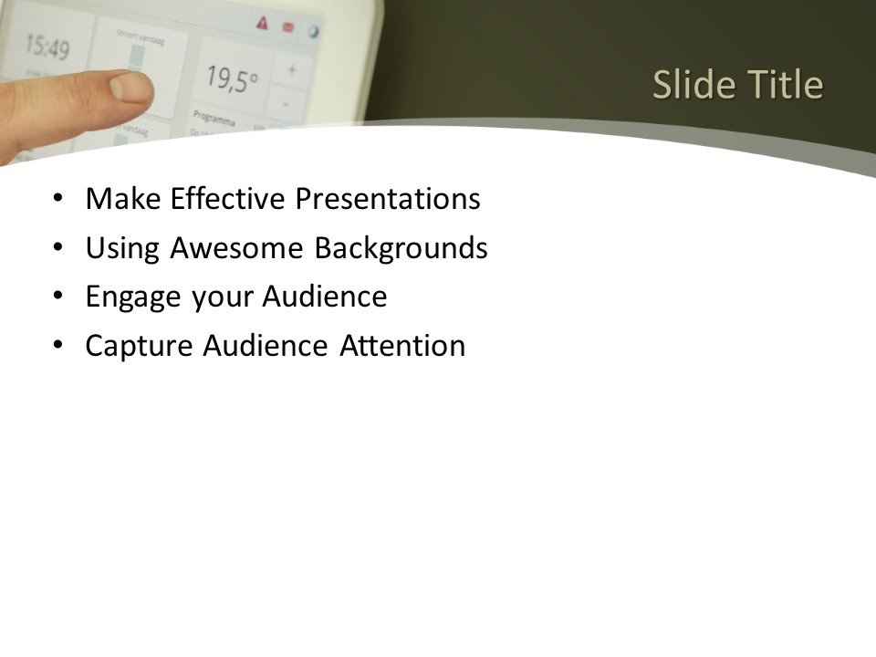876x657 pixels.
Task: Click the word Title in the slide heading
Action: (x=787, y=85)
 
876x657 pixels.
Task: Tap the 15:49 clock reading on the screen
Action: (x=46, y=45)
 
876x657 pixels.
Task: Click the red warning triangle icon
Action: (x=263, y=24)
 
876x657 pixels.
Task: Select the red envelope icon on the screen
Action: (x=287, y=27)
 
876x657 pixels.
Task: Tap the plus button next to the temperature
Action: (x=292, y=69)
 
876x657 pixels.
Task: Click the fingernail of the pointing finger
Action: (x=130, y=87)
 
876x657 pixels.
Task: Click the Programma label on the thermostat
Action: (x=214, y=120)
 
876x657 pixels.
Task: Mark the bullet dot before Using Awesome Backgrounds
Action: (x=59, y=247)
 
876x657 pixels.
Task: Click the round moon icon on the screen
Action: (x=312, y=30)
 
